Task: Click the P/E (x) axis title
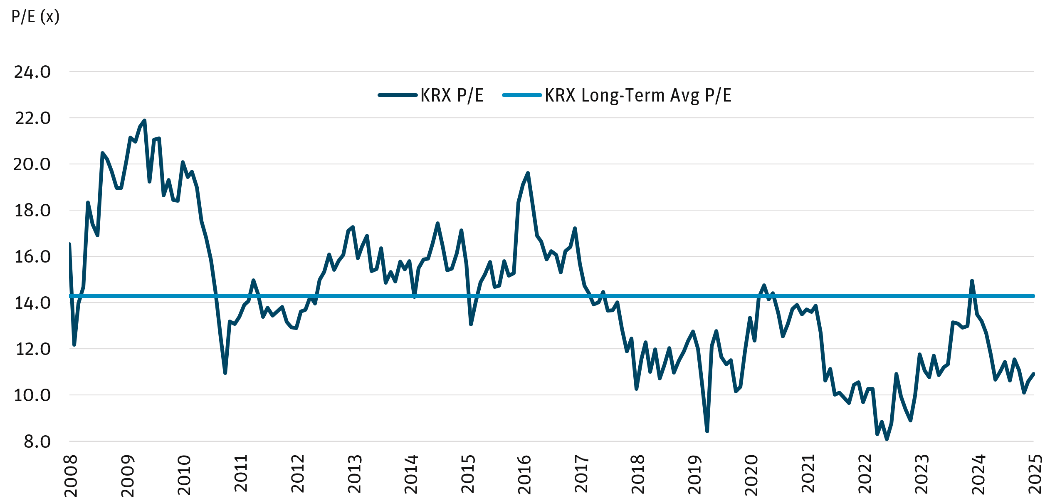click(x=35, y=17)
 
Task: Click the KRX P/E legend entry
click(x=452, y=95)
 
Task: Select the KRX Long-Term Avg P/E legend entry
click(x=638, y=95)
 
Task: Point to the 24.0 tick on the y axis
click(x=32, y=72)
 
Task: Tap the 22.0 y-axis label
click(x=32, y=118)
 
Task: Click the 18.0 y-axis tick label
click(x=32, y=211)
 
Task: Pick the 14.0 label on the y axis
click(x=32, y=303)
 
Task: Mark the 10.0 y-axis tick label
click(x=32, y=395)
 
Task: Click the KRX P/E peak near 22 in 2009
click(x=145, y=120)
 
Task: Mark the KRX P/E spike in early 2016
click(x=528, y=173)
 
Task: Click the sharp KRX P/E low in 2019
click(x=707, y=431)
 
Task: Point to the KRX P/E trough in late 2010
click(x=225, y=373)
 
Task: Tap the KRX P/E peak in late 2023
click(x=972, y=281)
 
